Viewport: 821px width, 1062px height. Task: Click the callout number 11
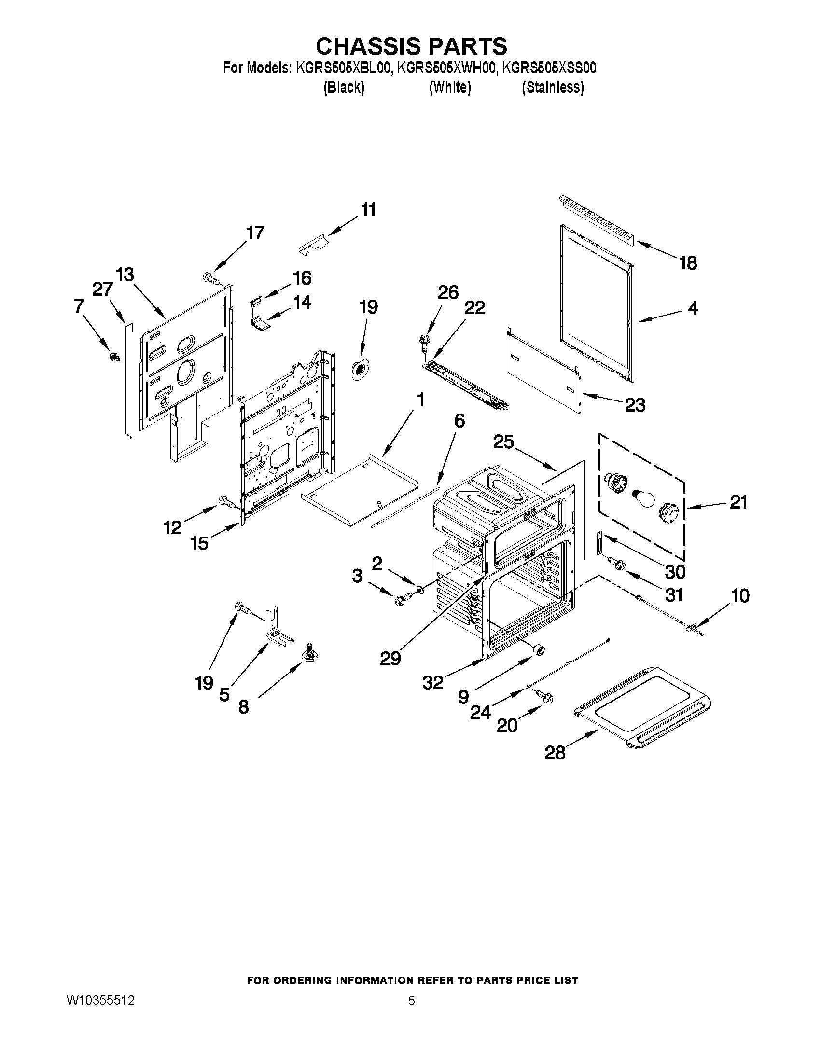[368, 210]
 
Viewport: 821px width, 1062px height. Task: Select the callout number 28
[555, 753]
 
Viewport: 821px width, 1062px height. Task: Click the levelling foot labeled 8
[309, 651]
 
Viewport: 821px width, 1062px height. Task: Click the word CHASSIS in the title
[367, 46]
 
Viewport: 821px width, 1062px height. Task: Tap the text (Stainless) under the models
[553, 87]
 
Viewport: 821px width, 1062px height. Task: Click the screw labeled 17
[210, 278]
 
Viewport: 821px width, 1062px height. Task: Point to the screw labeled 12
[227, 501]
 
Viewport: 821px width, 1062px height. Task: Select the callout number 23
[635, 404]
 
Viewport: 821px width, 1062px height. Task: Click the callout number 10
[740, 596]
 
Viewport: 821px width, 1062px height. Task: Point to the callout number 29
[390, 659]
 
